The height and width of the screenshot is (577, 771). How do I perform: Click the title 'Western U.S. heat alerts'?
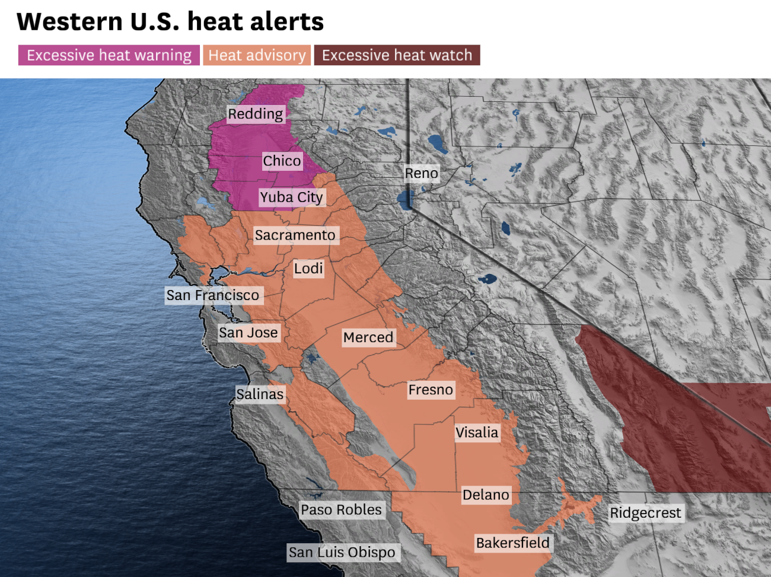point(170,22)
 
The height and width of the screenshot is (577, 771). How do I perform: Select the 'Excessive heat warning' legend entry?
point(109,55)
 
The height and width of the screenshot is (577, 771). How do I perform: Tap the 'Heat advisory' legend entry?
point(257,55)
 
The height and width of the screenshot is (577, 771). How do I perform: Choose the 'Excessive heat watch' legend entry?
point(397,55)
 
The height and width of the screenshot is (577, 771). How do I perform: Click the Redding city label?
point(256,114)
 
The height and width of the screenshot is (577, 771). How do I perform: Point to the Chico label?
point(282,161)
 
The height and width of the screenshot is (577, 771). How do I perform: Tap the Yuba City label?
point(291,197)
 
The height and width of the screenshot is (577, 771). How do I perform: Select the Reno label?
point(421,173)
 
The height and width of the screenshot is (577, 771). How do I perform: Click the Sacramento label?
point(295,235)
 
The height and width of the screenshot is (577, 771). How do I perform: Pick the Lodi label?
point(308,269)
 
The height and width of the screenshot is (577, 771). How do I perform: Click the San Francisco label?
point(212,295)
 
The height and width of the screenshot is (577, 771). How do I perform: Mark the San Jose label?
point(248,333)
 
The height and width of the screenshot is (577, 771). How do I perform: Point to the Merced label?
point(368,337)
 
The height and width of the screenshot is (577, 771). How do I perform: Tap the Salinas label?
point(260,394)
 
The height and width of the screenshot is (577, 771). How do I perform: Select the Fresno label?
point(431,390)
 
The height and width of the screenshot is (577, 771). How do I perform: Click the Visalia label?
point(477,432)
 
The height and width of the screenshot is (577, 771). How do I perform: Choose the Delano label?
point(486,495)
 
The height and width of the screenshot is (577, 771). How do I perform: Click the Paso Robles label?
point(341,510)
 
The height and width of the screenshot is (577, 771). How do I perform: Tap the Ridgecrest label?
point(645,513)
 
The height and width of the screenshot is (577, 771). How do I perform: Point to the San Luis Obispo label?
point(342,553)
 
